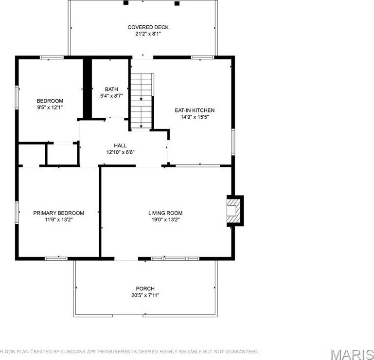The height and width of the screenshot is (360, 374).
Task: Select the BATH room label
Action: [111, 89]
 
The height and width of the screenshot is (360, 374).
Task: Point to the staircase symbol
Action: [142, 101]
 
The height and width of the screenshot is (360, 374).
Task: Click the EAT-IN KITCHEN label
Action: [195, 110]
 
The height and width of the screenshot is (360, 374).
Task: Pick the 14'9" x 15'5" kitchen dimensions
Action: [195, 117]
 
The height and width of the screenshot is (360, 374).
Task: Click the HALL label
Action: [121, 145]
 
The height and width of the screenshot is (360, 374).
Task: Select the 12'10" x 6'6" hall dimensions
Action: [121, 152]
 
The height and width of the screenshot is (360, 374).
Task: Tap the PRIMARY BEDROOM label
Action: [58, 213]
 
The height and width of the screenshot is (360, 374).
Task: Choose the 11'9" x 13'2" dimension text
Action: [58, 220]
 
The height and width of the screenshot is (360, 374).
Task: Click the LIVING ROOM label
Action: [165, 213]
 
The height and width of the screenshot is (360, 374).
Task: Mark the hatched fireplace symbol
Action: [235, 210]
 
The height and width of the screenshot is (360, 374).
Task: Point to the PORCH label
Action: [145, 289]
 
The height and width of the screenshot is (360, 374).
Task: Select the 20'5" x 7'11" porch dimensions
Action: [145, 296]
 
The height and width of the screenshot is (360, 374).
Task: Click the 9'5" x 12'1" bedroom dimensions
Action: [50, 107]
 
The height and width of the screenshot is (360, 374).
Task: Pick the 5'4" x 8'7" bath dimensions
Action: [111, 96]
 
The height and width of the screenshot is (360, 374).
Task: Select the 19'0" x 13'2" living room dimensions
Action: [165, 220]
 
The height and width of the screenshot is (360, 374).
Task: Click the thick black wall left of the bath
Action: [87, 88]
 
